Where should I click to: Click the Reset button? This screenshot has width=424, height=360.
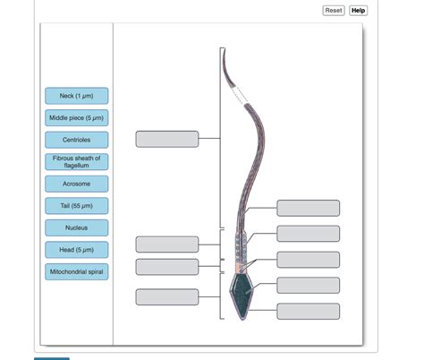(334, 11)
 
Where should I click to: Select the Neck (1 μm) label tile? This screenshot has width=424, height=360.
(77, 96)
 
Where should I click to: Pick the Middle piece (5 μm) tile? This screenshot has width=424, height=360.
(77, 118)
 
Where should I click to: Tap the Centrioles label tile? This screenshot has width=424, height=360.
(77, 140)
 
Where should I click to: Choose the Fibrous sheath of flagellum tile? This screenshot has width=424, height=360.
(77, 162)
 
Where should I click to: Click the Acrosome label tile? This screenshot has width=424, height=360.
(77, 184)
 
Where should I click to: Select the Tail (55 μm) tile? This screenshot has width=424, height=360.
(77, 206)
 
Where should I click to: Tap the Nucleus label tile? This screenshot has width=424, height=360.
(77, 227)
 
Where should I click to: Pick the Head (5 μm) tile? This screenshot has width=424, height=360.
(77, 250)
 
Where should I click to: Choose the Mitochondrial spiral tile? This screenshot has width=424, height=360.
(77, 271)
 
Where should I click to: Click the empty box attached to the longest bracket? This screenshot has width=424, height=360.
(167, 139)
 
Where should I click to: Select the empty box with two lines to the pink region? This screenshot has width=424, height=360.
(309, 260)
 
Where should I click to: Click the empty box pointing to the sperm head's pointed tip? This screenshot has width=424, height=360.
(309, 312)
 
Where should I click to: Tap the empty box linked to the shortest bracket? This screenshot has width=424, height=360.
(167, 267)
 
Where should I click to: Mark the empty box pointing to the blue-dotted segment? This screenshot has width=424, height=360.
(309, 234)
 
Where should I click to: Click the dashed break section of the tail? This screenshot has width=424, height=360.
(241, 95)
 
